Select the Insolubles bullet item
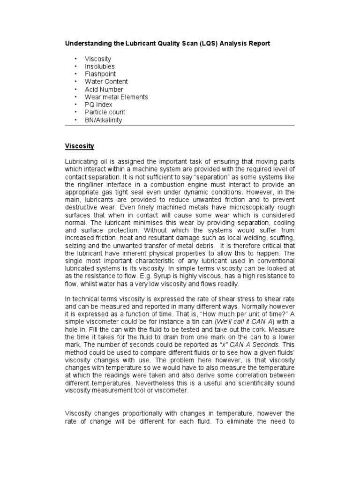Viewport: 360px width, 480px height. pyautogui.click(x=99, y=67)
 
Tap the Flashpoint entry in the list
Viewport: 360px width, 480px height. pyautogui.click(x=100, y=74)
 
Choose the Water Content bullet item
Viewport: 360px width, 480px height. pyautogui.click(x=106, y=82)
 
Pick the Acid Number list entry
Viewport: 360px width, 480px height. pyautogui.click(x=104, y=90)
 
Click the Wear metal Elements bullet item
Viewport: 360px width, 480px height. pyautogui.click(x=116, y=97)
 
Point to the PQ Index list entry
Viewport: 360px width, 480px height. pyautogui.click(x=98, y=105)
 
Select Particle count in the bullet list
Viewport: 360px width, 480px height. pyautogui.click(x=105, y=112)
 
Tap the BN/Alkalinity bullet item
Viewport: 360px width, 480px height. pyautogui.click(x=103, y=120)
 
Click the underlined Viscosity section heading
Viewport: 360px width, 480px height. pyautogui.click(x=79, y=146)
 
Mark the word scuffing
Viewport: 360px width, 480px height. pyautogui.click(x=280, y=238)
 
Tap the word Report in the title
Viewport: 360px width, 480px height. pyautogui.click(x=258, y=44)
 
